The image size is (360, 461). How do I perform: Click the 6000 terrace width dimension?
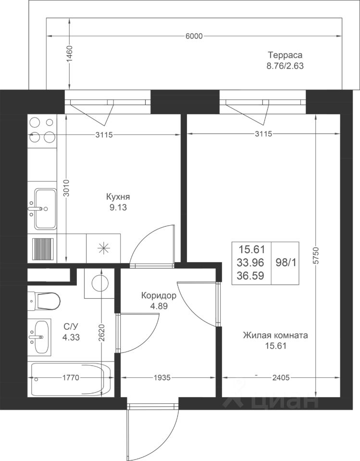coord(194,36)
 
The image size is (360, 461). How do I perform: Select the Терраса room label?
coord(285,55)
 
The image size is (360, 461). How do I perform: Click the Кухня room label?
coord(118,197)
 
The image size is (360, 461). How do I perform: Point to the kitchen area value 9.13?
coord(118,207)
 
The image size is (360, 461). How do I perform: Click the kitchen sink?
coord(45,209)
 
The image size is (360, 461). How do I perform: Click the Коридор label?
coord(159,295)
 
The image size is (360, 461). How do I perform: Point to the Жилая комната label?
coord(275,335)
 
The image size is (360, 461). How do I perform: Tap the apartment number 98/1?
coord(286,262)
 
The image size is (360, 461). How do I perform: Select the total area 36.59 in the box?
coord(251,276)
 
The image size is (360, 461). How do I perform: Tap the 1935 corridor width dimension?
coord(162,377)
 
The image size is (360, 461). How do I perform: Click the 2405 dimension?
coord(281,377)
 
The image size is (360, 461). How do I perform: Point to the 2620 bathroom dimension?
coord(102,332)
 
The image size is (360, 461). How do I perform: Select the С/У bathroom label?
coord(71,327)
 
